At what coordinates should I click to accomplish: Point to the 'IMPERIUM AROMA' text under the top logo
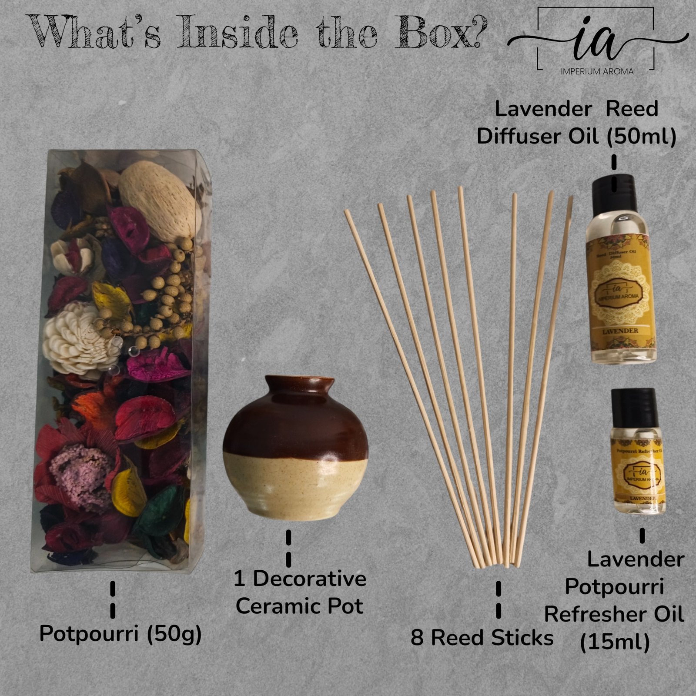tap(597, 71)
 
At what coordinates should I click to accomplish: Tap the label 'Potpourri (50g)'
tap(120, 634)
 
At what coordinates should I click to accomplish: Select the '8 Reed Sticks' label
tap(482, 638)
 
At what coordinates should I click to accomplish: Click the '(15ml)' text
tap(615, 642)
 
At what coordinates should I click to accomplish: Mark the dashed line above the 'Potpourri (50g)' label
tap(113, 599)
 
